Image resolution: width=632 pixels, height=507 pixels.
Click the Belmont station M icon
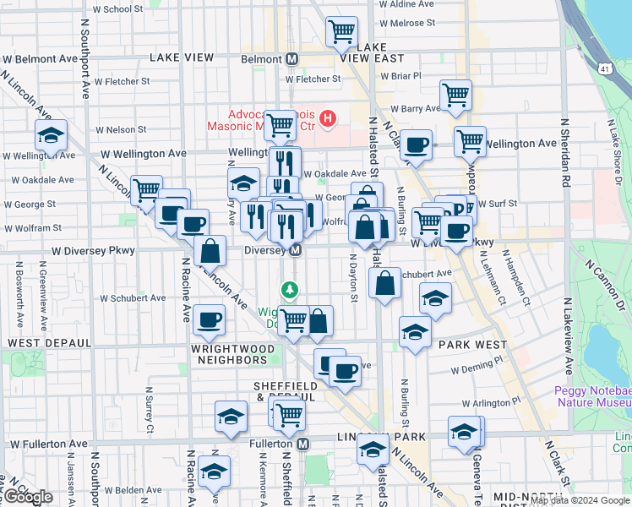(292, 59)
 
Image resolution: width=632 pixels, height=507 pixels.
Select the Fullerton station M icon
(302, 444)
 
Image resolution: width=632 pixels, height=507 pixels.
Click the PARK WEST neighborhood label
(472, 345)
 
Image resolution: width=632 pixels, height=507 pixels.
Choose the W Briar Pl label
(400, 76)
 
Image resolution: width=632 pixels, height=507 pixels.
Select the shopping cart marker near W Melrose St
(342, 32)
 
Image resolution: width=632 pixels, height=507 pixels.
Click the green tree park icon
(291, 291)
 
